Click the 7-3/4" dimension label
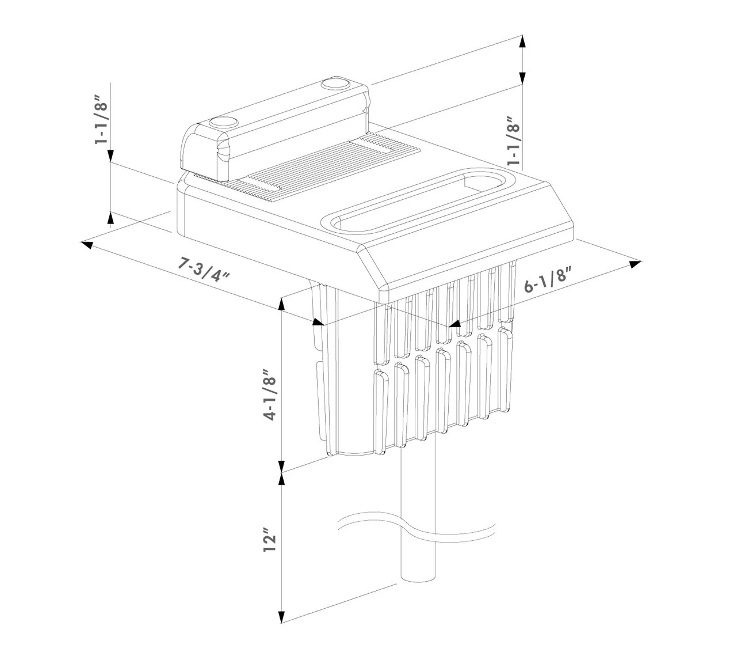click(204, 270)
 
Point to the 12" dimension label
click(269, 539)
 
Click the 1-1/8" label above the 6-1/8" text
click(513, 141)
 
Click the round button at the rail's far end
click(334, 84)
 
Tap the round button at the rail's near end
click(223, 123)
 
